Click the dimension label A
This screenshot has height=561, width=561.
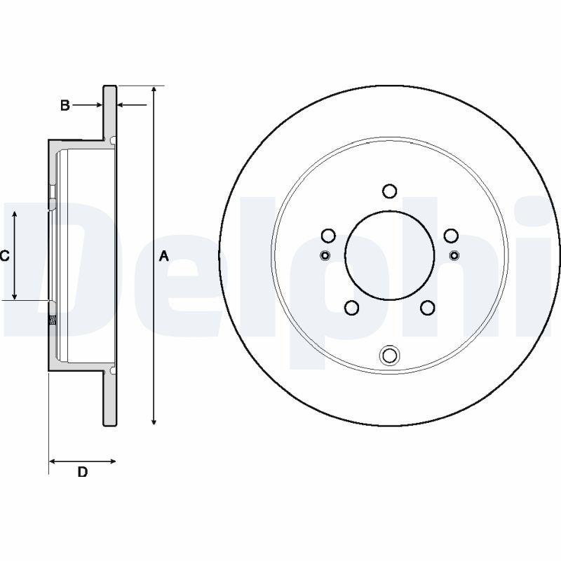pos(164,256)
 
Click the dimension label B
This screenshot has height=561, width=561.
pos(65,106)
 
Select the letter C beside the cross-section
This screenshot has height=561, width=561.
pos(4,256)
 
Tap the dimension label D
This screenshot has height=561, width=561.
pos(82,472)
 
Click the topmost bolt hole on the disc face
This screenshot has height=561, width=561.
pos(389,191)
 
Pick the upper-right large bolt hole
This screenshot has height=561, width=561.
pos(451,236)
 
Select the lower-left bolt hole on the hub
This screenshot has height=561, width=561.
pos(352,307)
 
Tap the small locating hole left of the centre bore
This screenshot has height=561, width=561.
pos(325,254)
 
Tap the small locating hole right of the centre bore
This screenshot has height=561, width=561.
pos(454,254)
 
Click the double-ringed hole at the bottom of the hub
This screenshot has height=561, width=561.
pos(389,356)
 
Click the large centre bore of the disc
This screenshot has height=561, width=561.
pos(389,255)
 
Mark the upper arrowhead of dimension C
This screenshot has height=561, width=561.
pos(15,212)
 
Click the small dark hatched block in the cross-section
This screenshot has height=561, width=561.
pos(52,321)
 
